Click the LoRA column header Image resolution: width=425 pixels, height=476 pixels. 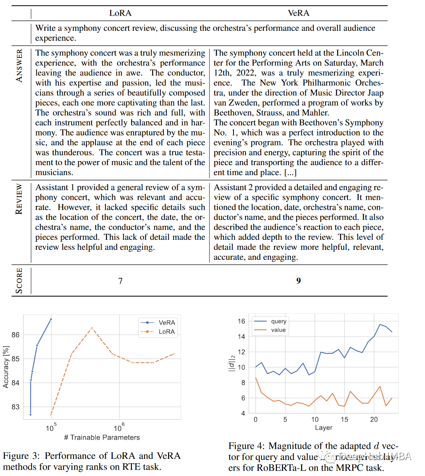[120, 13]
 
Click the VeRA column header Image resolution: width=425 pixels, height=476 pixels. [298, 13]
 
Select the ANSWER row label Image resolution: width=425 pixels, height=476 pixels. [19, 66]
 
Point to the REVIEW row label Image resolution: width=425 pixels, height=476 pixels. [19, 199]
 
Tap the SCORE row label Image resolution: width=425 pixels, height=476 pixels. [19, 281]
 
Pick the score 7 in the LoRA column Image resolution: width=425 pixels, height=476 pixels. [120, 281]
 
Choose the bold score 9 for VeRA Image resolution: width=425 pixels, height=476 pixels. [298, 281]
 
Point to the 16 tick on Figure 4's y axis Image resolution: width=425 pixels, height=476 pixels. [241, 321]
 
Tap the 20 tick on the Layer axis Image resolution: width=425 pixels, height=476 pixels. [374, 420]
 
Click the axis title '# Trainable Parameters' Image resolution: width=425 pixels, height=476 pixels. [102, 437]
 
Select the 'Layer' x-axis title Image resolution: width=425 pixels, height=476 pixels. [323, 428]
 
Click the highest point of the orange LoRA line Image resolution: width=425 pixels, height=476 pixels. [92, 328]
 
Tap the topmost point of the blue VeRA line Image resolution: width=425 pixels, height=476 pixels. [51, 319]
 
